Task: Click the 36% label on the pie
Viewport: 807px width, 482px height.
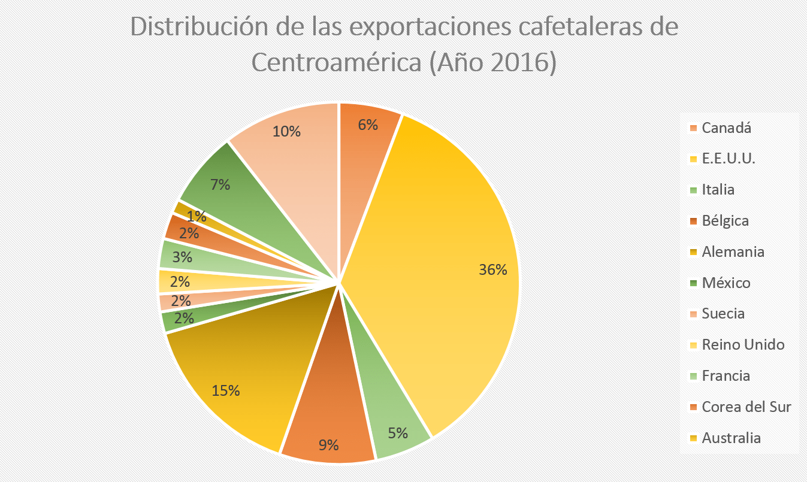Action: [493, 270]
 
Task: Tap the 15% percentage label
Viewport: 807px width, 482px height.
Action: [226, 390]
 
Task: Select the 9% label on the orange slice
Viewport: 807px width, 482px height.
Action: [328, 445]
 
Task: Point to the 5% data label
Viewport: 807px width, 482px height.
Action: [397, 432]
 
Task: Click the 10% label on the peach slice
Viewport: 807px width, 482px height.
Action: [286, 131]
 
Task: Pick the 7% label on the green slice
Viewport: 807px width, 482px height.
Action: [220, 184]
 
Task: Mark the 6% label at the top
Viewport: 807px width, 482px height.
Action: [368, 125]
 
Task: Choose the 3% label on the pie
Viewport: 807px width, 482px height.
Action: [182, 257]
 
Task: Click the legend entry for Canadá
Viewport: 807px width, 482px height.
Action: [726, 128]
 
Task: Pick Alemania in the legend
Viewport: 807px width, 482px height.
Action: [733, 251]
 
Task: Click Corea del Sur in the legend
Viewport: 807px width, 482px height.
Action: [746, 407]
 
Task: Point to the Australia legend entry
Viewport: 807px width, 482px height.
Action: [732, 438]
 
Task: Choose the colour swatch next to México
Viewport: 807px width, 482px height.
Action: [693, 283]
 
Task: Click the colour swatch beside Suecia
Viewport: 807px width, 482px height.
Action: [693, 314]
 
